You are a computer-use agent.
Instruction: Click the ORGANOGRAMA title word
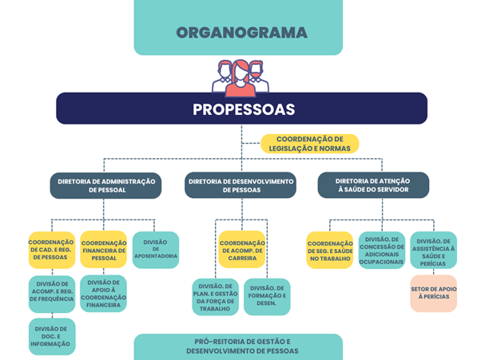pos(242,33)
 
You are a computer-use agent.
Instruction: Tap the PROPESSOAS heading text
pos(244,109)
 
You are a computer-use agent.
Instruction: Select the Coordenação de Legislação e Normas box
pos(310,144)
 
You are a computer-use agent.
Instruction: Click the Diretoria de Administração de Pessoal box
pos(105,186)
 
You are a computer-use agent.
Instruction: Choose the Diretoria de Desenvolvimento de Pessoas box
pos(240,185)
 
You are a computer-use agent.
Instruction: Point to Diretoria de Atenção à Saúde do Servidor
pos(373,185)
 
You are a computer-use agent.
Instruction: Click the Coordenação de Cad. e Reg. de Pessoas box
pos(52,250)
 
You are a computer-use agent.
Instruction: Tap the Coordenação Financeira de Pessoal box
pos(104,250)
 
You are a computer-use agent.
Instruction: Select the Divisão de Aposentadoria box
pos(156,250)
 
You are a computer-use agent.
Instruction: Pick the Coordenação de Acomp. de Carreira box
pos(242,249)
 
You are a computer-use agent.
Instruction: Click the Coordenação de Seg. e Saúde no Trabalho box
pos(330,251)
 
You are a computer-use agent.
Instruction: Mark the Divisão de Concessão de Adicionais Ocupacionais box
pos(382,251)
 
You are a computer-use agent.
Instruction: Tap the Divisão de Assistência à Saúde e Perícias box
pos(433,250)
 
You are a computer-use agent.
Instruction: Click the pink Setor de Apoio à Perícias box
pos(433,294)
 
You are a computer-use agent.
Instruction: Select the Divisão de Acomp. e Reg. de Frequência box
pos(52,294)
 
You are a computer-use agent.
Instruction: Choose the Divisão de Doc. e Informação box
pos(52,336)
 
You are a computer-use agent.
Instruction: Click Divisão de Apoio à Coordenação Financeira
pos(103,294)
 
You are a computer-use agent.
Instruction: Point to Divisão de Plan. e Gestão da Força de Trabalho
pos(216,297)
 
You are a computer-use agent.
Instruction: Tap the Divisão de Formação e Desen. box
pos(267,297)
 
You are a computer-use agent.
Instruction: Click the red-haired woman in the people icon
pos(240,78)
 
